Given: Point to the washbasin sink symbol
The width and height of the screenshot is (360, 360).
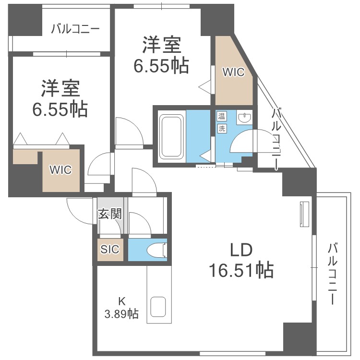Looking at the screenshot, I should [244, 117].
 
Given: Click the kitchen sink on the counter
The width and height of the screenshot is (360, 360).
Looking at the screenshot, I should [158, 307].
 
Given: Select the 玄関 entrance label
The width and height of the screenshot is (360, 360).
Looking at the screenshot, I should [110, 214].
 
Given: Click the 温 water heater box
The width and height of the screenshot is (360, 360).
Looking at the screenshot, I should [222, 116].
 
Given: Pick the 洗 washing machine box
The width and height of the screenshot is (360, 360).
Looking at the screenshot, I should [222, 128].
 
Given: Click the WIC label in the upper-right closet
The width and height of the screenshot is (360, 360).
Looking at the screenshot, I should [233, 72].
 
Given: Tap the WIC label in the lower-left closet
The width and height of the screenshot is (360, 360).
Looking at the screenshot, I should [60, 169].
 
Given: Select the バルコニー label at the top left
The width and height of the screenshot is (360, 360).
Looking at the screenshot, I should [75, 29].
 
